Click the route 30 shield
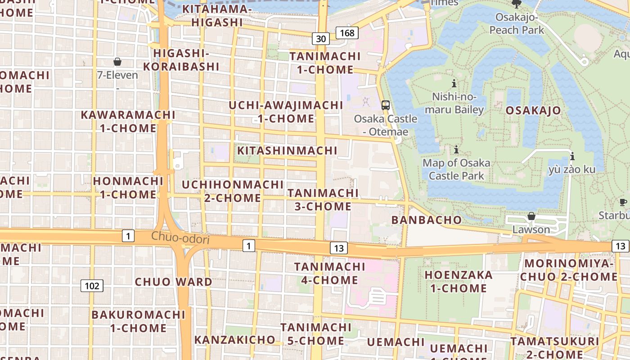pyautogui.click(x=321, y=39)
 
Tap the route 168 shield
pyautogui.click(x=347, y=32)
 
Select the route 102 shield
pyautogui.click(x=92, y=285)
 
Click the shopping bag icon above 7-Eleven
pyautogui.click(x=117, y=62)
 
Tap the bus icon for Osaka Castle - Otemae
pyautogui.click(x=386, y=105)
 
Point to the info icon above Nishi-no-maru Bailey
pyautogui.click(x=454, y=83)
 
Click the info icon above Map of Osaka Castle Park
pyautogui.click(x=456, y=149)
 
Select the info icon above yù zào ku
pyautogui.click(x=572, y=156)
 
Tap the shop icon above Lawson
pyautogui.click(x=531, y=216)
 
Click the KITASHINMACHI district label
pyautogui.click(x=287, y=150)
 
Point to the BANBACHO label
pyautogui.click(x=427, y=220)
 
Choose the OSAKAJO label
pyautogui.click(x=533, y=110)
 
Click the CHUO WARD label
pyautogui.click(x=174, y=282)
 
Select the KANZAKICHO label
pyautogui.click(x=235, y=339)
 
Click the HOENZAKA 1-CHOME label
pyautogui.click(x=459, y=281)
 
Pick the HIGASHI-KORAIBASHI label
pyautogui.click(x=181, y=60)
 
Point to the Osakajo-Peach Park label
pyautogui.click(x=517, y=23)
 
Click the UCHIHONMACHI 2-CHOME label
pyautogui.click(x=233, y=191)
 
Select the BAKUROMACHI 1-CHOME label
pyautogui.click(x=139, y=321)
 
